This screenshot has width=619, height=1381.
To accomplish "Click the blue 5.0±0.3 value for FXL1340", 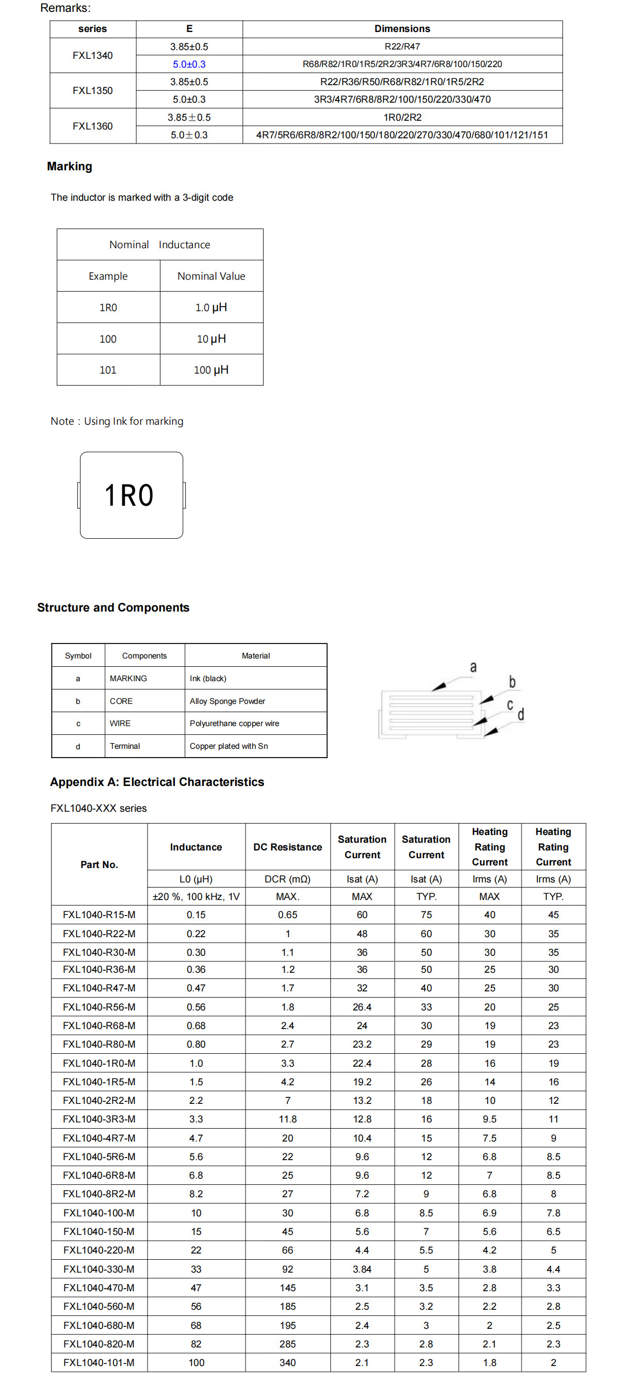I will tap(189, 65).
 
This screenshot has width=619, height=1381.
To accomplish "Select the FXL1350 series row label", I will tap(93, 91).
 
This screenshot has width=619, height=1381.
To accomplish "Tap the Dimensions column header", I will tap(402, 29).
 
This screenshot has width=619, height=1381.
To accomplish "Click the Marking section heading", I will tap(70, 166).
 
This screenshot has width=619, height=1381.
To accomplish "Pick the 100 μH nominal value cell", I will tap(211, 370).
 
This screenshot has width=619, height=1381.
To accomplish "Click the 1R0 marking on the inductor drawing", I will tap(129, 495).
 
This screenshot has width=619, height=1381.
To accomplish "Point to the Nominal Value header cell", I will tap(211, 276).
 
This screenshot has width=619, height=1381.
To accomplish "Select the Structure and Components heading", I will tap(113, 607).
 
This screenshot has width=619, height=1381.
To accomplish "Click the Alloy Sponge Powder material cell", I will tap(227, 701).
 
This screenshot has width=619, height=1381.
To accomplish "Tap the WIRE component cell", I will tap(120, 723).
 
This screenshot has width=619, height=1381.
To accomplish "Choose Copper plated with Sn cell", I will tap(229, 746).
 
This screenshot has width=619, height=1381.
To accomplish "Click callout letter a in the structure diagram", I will tap(473, 667).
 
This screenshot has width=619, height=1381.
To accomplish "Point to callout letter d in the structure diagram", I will tap(520, 715).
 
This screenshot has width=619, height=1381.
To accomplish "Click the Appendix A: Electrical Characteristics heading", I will tap(157, 782).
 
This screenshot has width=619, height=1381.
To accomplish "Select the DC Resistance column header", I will tap(287, 847).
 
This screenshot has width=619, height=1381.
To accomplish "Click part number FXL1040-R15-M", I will tap(99, 914).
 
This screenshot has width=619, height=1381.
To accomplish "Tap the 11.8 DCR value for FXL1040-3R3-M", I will tap(287, 1119).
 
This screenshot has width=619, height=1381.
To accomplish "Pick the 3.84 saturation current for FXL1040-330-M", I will tap(362, 1269).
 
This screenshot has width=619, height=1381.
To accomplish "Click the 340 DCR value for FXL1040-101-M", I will tap(287, 1362).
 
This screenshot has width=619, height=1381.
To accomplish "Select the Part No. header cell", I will tap(99, 864).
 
